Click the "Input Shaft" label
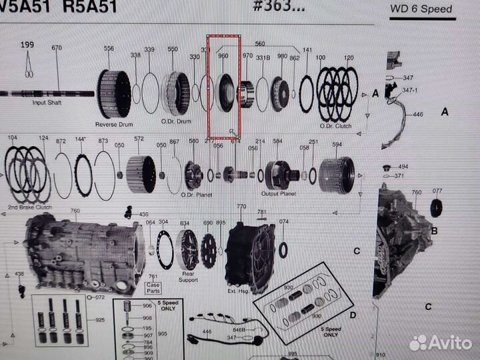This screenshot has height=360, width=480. (x=47, y=103)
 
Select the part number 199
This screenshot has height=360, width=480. (x=27, y=45)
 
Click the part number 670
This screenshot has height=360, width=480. (x=57, y=48)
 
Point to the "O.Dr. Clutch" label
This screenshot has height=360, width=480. (x=335, y=125)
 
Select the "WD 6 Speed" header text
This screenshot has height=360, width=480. (x=433, y=9)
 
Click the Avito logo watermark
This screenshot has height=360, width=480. (x=441, y=343)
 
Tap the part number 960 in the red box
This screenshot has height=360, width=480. (x=223, y=57)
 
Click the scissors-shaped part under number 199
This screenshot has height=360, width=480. (x=29, y=65)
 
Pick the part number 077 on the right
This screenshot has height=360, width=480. (x=437, y=191)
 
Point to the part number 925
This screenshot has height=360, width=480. (x=100, y=320)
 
